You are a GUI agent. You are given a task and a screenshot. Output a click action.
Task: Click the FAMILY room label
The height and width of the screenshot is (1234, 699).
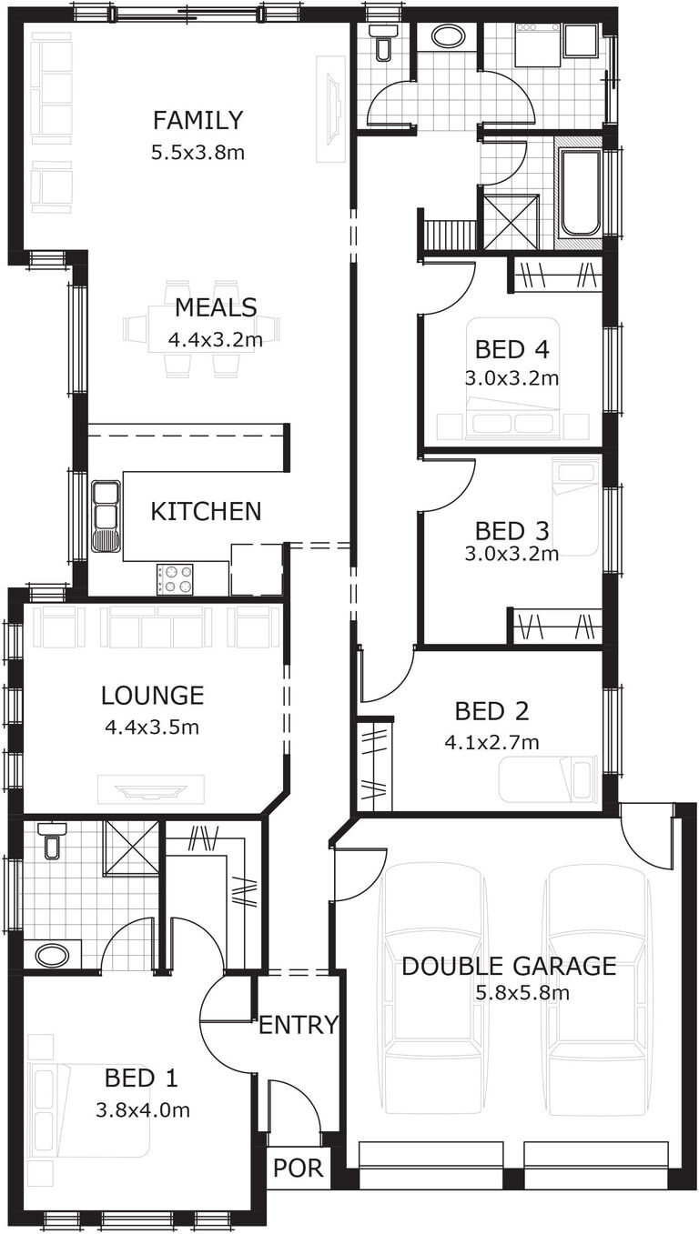(x=198, y=120)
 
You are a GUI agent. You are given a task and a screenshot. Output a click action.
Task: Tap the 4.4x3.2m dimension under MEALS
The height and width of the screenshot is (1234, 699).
(x=215, y=341)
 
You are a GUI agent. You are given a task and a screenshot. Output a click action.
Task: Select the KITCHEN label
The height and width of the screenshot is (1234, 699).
(x=206, y=511)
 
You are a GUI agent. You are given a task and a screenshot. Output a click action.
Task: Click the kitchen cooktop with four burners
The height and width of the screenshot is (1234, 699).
(x=175, y=578)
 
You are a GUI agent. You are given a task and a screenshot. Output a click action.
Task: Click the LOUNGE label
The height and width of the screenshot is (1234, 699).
(x=152, y=697)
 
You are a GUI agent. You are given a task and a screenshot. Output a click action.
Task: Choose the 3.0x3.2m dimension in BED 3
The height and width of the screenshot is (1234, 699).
(x=512, y=552)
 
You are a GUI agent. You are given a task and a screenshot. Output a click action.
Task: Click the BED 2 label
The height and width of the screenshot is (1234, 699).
(x=491, y=711)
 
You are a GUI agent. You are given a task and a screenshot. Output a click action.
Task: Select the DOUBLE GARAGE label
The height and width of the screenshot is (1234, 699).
(x=509, y=966)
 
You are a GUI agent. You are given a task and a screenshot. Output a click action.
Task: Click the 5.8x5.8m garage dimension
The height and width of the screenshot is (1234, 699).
(x=522, y=992)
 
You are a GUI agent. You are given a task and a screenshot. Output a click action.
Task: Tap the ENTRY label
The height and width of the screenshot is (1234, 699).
(x=298, y=1026)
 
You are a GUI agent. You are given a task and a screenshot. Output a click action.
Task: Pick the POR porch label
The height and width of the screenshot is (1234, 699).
(x=298, y=1168)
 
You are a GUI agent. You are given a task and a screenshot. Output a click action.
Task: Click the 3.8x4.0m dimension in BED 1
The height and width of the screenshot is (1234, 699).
(x=142, y=1109)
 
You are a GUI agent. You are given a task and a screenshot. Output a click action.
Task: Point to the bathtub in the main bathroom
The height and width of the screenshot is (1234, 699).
(x=579, y=193)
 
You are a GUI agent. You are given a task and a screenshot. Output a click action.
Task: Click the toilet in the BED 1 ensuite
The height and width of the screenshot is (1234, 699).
(x=52, y=842)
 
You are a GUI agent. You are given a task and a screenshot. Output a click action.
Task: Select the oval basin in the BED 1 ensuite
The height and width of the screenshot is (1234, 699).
(x=51, y=956)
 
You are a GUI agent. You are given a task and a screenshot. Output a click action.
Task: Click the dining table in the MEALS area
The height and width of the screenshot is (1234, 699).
(x=202, y=328)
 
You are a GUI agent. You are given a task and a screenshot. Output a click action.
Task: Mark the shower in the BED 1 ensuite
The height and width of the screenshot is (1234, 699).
(x=130, y=848)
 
